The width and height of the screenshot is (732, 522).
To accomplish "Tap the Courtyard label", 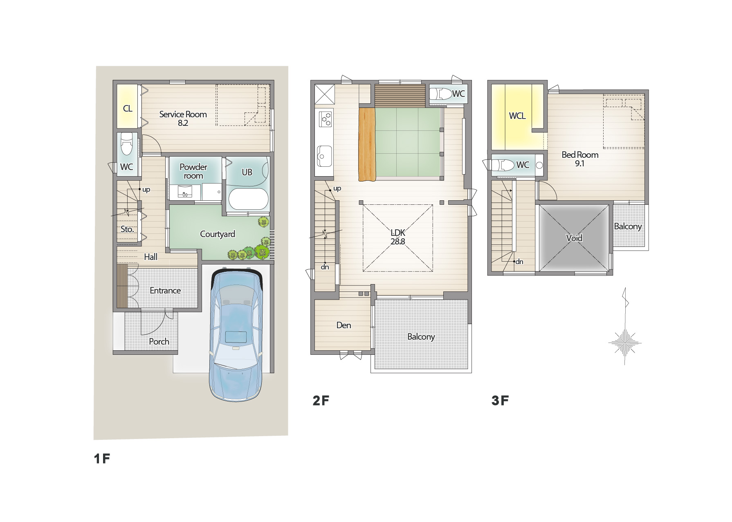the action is [217, 234].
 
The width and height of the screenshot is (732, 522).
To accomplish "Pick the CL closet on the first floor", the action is [128, 106].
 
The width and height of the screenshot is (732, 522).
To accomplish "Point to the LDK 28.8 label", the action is [397, 237].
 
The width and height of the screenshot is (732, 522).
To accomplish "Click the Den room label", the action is [344, 325].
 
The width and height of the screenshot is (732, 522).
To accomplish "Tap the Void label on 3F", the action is [574, 238].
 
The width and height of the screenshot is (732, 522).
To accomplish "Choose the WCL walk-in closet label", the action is [517, 116].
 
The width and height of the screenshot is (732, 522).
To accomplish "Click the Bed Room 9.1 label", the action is [580, 159].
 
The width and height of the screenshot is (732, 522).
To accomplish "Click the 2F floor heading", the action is [321, 401].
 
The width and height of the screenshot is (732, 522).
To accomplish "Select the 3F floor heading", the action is [500, 401].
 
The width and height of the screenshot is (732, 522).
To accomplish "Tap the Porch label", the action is [159, 342].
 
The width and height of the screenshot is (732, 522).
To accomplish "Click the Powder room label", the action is [193, 171].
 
